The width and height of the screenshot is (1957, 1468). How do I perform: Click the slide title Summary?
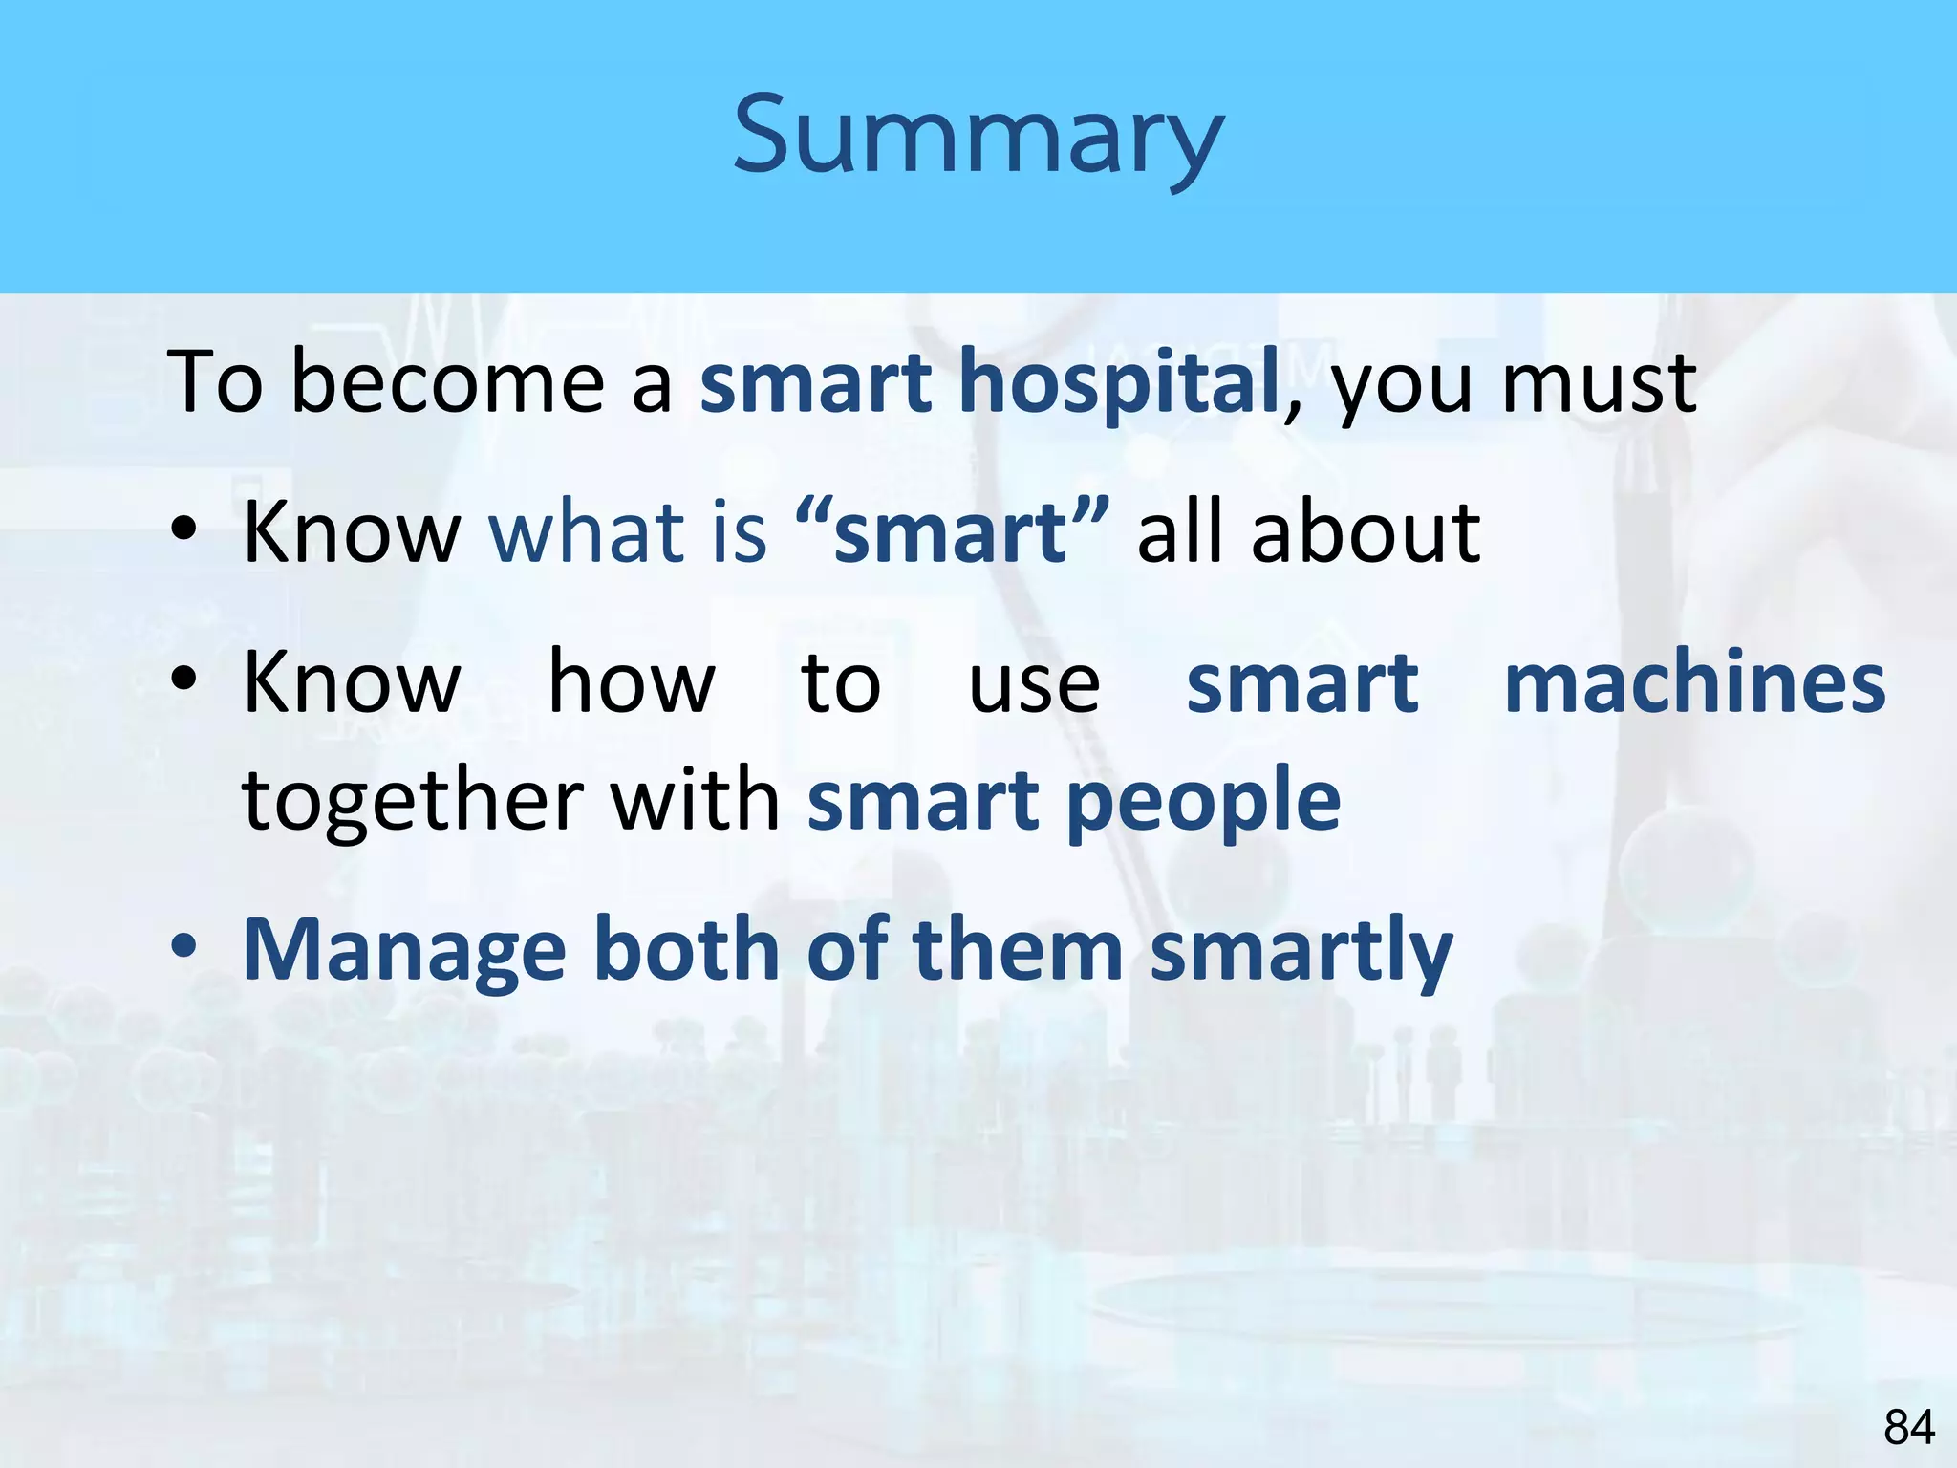point(978,137)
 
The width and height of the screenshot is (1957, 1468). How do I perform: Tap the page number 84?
point(1908,1428)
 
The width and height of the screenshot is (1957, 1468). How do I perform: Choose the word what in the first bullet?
point(587,531)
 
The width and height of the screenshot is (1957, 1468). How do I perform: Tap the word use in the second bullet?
point(1034,686)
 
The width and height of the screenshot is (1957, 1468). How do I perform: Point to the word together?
point(412,800)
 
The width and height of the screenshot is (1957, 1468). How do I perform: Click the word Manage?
point(405,952)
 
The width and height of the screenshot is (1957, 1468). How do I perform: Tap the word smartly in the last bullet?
point(1301,952)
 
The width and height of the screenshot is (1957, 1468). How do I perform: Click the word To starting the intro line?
point(215,382)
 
